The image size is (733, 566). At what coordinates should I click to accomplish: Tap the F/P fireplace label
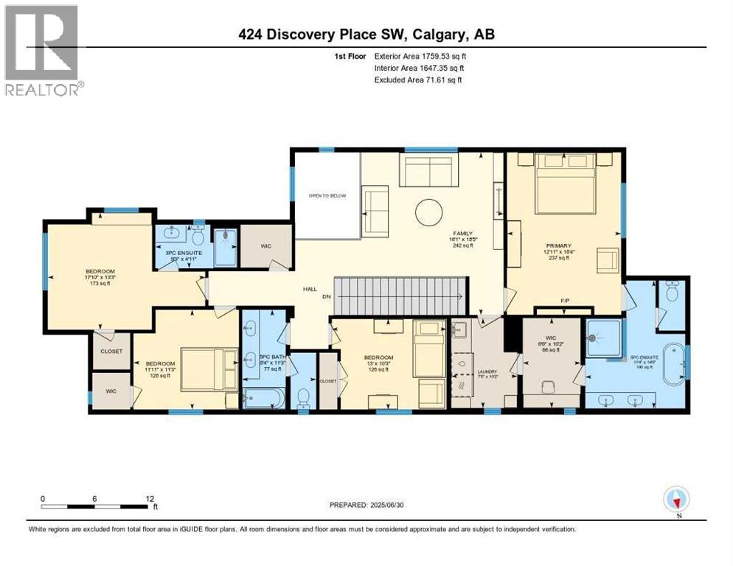[x=564, y=300]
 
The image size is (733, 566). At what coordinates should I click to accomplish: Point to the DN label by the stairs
[x=327, y=297]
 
